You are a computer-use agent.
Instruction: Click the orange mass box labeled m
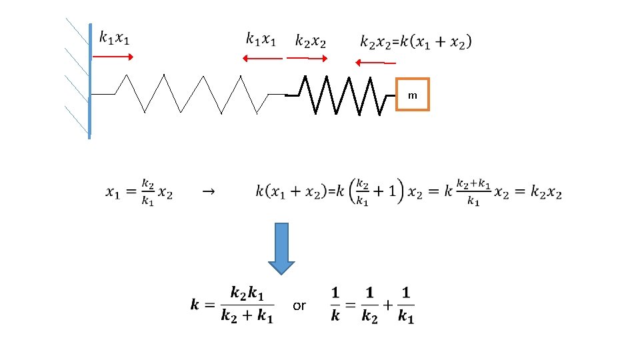pos(413,95)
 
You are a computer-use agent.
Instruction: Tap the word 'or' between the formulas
pos(299,306)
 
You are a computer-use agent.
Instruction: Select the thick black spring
pos(340,95)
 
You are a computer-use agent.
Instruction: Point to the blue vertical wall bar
pos(89,80)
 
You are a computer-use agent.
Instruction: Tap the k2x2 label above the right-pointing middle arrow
pos(311,41)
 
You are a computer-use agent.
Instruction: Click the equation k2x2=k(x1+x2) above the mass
pos(415,41)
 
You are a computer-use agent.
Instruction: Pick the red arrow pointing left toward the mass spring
pos(375,63)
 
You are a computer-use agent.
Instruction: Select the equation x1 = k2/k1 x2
pos(139,193)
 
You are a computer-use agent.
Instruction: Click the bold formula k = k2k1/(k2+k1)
pos(232,305)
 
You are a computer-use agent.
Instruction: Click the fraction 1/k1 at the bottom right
pos(406,305)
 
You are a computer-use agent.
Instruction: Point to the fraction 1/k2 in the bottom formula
pos(369,305)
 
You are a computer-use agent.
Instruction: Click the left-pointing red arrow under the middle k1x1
pos(262,59)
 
